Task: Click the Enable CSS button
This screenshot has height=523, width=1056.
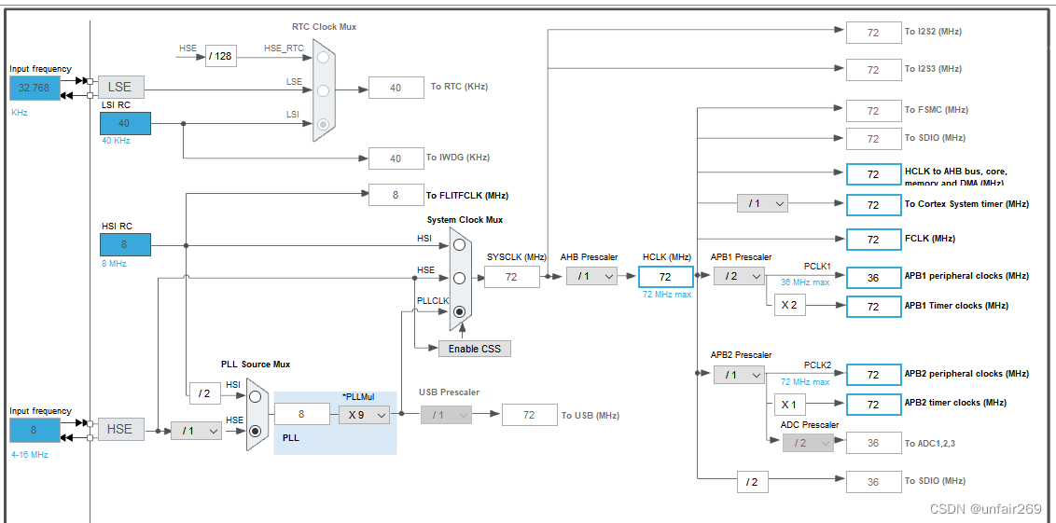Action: [475, 349]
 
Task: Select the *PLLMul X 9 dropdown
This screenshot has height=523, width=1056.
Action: [363, 415]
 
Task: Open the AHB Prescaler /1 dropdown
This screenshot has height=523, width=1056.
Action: [591, 276]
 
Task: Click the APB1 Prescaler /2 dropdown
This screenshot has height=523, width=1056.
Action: [739, 276]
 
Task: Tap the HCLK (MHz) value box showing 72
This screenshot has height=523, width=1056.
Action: [665, 277]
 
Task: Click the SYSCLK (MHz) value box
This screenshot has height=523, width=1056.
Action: [511, 277]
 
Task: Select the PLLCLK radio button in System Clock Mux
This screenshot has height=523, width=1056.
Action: [459, 313]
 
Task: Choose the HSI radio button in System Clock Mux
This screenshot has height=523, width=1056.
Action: [459, 244]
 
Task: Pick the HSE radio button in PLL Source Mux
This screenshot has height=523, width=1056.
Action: [255, 431]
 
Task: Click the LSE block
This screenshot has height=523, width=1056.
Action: [120, 88]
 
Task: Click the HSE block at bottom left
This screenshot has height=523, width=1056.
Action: [120, 429]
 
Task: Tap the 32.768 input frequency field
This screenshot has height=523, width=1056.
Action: [35, 88]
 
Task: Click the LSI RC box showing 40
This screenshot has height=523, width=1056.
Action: [125, 123]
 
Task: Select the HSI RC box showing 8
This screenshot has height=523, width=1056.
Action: [125, 245]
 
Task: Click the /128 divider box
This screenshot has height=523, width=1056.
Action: [220, 56]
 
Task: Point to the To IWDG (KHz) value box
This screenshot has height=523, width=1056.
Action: [396, 158]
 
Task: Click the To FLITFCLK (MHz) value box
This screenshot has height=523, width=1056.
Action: [396, 195]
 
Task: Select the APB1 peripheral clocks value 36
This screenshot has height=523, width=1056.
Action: [873, 277]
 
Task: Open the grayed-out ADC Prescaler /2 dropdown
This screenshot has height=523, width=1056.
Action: [807, 443]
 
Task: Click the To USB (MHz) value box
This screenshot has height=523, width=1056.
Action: [529, 415]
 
